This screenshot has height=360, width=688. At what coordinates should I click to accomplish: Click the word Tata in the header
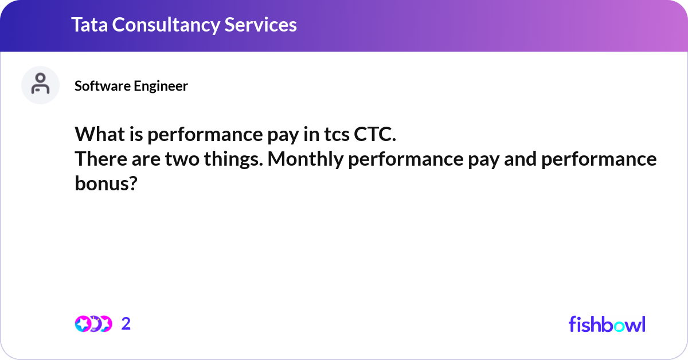pyautogui.click(x=89, y=25)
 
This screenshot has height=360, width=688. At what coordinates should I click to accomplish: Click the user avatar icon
pyautogui.click(x=40, y=85)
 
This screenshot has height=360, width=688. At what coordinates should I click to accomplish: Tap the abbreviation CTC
pyautogui.click(x=375, y=135)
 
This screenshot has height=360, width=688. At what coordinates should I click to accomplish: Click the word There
pyautogui.click(x=99, y=159)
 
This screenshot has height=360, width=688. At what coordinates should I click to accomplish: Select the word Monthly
pyautogui.click(x=304, y=159)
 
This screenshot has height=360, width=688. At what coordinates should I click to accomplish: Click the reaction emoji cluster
pyautogui.click(x=93, y=324)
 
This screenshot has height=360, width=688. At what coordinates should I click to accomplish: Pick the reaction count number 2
pyautogui.click(x=126, y=324)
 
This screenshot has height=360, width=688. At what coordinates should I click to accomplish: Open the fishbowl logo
pyautogui.click(x=607, y=324)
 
